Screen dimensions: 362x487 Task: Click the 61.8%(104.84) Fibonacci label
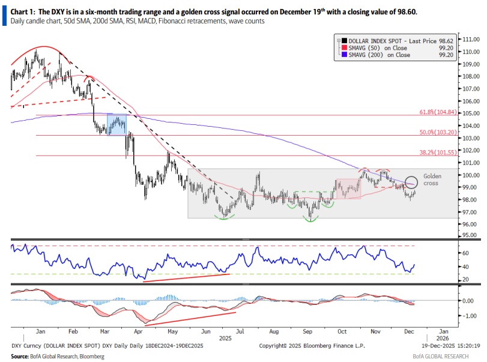pyautogui.click(x=437, y=112)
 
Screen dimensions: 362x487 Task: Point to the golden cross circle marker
pyautogui.click(x=411, y=181)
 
